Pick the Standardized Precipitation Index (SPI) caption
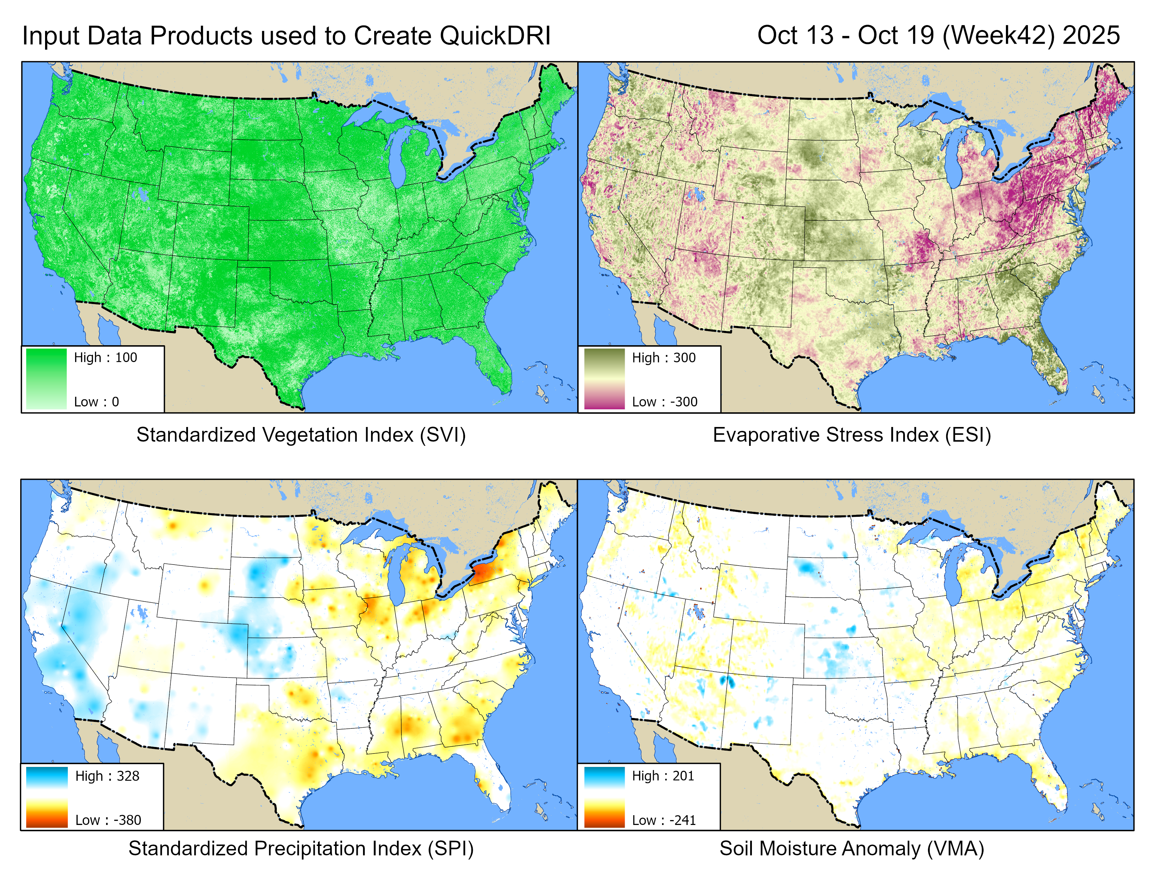tap(301, 848)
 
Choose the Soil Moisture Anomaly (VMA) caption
tap(851, 848)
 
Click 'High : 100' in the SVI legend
tap(105, 358)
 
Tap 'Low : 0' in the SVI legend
tap(96, 402)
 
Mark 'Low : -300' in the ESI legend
tap(665, 402)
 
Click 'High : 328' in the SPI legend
tap(107, 776)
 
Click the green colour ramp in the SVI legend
tap(46, 378)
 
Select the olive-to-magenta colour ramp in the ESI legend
tap(604, 378)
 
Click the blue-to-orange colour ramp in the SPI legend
tap(47, 797)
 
